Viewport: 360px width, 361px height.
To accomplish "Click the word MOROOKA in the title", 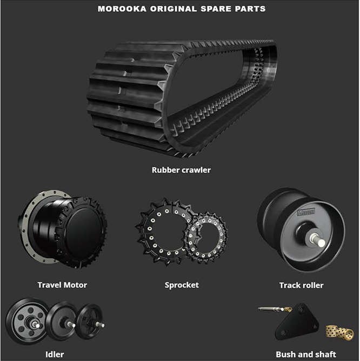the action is point(122,9).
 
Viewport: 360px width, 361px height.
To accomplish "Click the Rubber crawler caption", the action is point(181,170).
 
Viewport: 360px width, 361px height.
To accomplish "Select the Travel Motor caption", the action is point(62,285).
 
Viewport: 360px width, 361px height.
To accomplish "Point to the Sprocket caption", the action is point(182,285).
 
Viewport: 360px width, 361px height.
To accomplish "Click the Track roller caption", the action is point(302,285).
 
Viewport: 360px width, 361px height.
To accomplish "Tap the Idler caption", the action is point(55,355).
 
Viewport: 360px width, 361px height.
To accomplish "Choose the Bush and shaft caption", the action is point(306,355).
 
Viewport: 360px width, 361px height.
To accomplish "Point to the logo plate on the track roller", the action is point(306,212).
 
